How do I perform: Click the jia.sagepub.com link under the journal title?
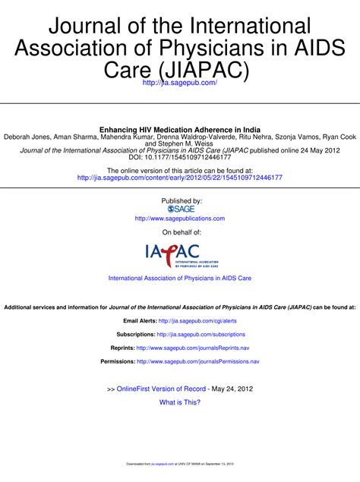[180, 81]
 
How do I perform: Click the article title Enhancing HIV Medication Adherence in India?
[180, 130]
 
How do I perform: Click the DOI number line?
[180, 158]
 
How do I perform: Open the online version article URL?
[180, 178]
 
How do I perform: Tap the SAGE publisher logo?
[180, 208]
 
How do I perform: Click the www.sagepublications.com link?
[180, 218]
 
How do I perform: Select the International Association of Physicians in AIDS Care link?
[180, 279]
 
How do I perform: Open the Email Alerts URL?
[197, 321]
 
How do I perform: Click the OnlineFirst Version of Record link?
[162, 389]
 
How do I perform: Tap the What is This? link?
[180, 402]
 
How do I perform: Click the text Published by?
[180, 200]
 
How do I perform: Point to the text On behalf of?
[180, 232]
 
